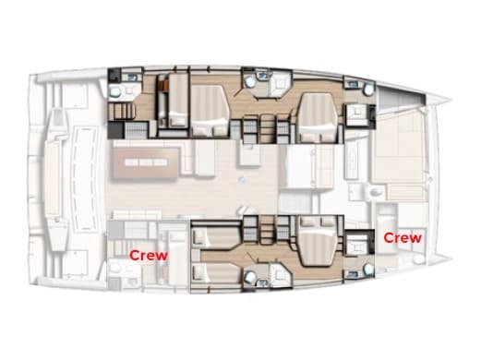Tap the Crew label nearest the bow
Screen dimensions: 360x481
(x=402, y=237)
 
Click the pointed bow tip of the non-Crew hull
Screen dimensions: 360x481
(x=447, y=100)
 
